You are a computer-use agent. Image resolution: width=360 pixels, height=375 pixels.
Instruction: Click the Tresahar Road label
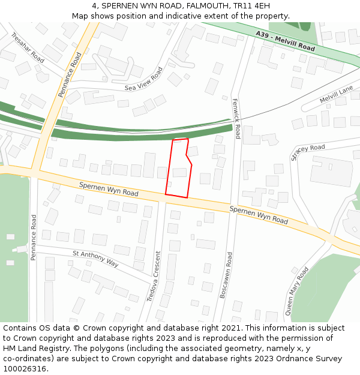click(x=28, y=48)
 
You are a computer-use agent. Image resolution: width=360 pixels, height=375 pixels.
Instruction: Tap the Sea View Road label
click(x=144, y=79)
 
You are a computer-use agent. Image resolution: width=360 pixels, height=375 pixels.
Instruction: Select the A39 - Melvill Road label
click(x=285, y=41)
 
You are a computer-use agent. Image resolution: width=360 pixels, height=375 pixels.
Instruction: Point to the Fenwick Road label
click(x=236, y=118)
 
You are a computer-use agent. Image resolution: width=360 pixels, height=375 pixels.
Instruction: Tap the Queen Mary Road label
click(x=297, y=291)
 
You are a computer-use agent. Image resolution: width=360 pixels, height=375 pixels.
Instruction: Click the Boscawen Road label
click(x=229, y=275)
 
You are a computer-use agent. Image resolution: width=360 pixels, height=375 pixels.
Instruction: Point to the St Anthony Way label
click(x=95, y=259)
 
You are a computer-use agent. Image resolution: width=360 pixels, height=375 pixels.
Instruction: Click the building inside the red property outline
click(x=179, y=173)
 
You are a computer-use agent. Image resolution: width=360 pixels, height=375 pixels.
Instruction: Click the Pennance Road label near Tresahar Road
click(x=70, y=75)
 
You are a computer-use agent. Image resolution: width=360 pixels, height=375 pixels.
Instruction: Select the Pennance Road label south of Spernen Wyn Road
click(x=34, y=236)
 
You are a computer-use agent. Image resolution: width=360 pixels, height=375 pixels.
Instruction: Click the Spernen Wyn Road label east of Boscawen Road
click(x=259, y=214)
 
